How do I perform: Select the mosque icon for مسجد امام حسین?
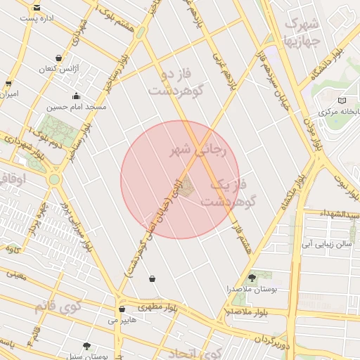76,96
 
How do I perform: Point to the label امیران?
8,93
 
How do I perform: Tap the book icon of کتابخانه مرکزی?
342,101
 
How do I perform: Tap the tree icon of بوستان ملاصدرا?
252,278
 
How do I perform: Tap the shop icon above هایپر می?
122,308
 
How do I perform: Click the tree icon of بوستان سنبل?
86,346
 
